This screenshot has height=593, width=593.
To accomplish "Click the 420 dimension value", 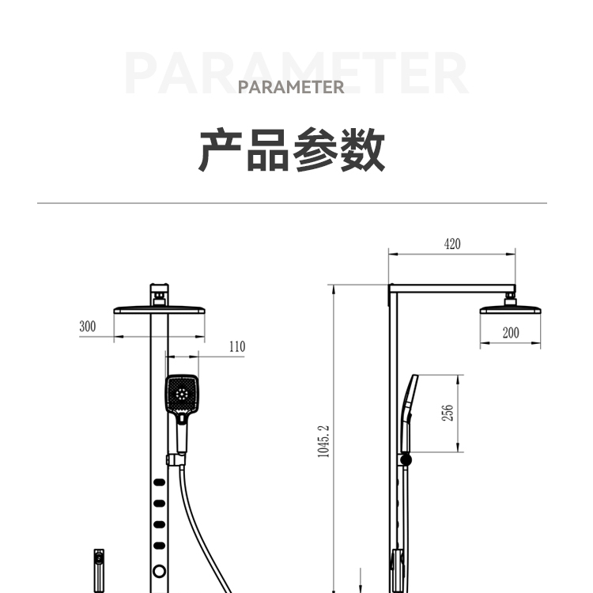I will coord(451,244).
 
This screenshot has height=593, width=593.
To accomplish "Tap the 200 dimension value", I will coord(511,333).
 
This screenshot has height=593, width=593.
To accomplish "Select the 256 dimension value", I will coord(447,414).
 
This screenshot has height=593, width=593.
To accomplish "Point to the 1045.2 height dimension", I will coord(323,441).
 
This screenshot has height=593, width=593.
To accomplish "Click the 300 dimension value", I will coord(87,326).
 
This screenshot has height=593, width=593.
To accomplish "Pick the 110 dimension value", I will coord(236,346).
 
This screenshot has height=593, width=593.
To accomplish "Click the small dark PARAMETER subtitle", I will coord(291,87).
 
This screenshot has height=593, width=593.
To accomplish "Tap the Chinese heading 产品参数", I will coord(291,150).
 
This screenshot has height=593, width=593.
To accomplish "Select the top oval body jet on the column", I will coord(159,483).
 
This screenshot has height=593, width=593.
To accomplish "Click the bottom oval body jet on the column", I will coord(159,544).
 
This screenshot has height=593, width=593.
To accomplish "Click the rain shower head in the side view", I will coord(512,308).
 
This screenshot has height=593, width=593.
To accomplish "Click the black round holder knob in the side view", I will coord(407,459).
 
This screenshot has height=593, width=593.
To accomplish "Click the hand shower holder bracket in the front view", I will coord(175,459).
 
